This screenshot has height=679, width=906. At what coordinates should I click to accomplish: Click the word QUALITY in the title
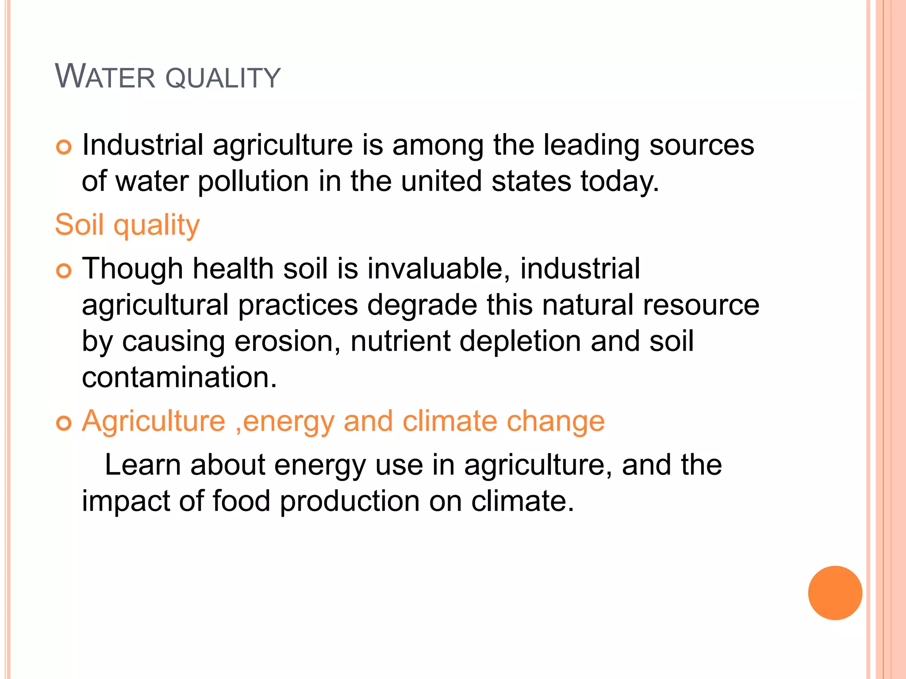(223, 78)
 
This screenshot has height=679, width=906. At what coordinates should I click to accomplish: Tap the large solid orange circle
(835, 593)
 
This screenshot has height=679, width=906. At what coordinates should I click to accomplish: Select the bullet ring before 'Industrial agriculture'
(64, 147)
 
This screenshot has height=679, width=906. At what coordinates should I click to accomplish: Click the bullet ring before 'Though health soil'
(64, 271)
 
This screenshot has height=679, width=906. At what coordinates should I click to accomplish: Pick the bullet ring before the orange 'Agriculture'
(64, 423)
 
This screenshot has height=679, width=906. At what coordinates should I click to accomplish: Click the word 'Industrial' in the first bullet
(142, 145)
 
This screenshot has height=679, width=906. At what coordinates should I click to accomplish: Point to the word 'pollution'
(253, 181)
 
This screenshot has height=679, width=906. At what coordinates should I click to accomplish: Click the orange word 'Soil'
(79, 225)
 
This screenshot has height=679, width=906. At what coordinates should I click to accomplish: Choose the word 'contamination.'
(179, 378)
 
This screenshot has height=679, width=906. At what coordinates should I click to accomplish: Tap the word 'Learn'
(142, 465)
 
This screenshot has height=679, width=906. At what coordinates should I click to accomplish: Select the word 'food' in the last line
(241, 501)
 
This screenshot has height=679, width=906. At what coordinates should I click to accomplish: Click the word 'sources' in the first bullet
(701, 145)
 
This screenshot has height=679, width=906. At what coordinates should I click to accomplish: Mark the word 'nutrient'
(400, 341)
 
